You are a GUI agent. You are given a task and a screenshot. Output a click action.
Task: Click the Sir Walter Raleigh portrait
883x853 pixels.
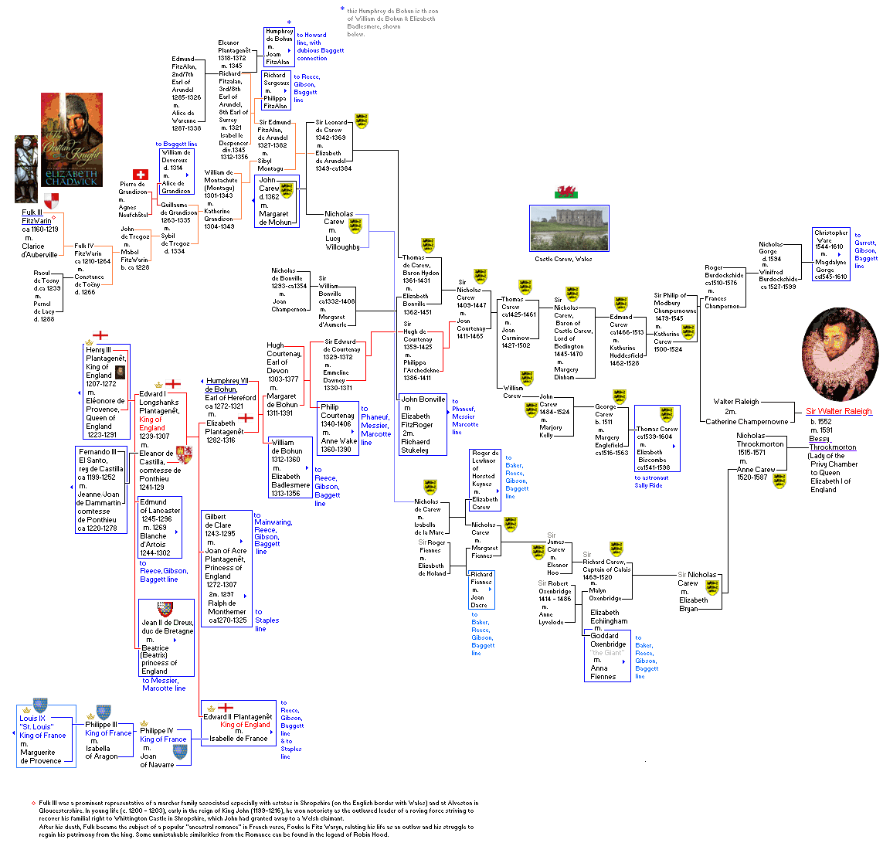(x=840, y=355)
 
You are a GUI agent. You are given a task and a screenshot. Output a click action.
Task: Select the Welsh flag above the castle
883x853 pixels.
(x=564, y=192)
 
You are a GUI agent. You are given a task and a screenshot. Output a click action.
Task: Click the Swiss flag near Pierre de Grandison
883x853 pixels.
(x=140, y=175)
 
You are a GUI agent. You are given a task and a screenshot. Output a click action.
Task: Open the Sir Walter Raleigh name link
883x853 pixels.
(x=838, y=411)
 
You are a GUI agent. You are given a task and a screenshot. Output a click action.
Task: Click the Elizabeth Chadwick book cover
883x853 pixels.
(x=71, y=140)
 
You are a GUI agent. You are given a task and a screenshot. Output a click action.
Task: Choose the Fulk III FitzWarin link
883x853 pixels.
(x=36, y=216)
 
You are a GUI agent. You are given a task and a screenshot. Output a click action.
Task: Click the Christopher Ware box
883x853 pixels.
(x=830, y=254)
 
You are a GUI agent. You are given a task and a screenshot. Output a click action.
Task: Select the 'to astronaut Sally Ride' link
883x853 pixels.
(x=651, y=481)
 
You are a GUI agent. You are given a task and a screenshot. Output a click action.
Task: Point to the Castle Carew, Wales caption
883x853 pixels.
(x=563, y=259)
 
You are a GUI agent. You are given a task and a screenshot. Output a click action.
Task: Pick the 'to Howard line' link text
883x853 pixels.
(x=311, y=39)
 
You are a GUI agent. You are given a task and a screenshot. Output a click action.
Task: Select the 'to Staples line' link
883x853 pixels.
(x=266, y=620)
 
